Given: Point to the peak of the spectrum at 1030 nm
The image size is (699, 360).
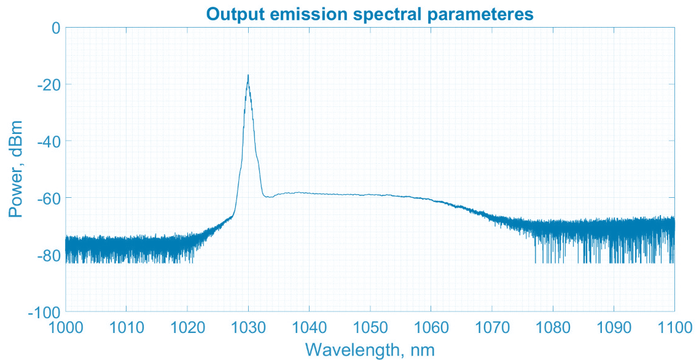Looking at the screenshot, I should [248, 76].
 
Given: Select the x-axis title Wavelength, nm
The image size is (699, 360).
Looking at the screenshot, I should [370, 350].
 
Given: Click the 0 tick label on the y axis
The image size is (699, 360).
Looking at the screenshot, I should [56, 28].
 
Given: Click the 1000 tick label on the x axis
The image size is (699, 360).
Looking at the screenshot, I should [66, 327].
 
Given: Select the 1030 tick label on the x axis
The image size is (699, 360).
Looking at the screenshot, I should [248, 327].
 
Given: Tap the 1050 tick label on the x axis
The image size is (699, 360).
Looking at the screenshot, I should [370, 327].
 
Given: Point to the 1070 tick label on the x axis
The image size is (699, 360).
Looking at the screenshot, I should [492, 327].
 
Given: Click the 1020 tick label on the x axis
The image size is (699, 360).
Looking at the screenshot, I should [187, 327].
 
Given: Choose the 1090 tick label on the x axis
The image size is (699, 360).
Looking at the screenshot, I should [614, 327].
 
